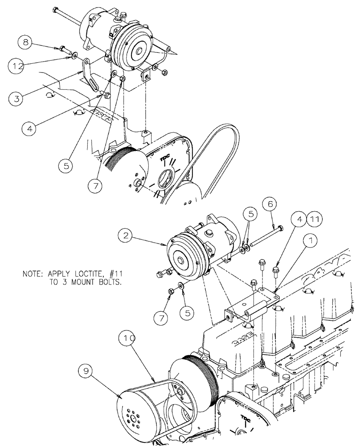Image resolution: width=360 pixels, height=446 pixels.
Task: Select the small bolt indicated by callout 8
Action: pos(63,48)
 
